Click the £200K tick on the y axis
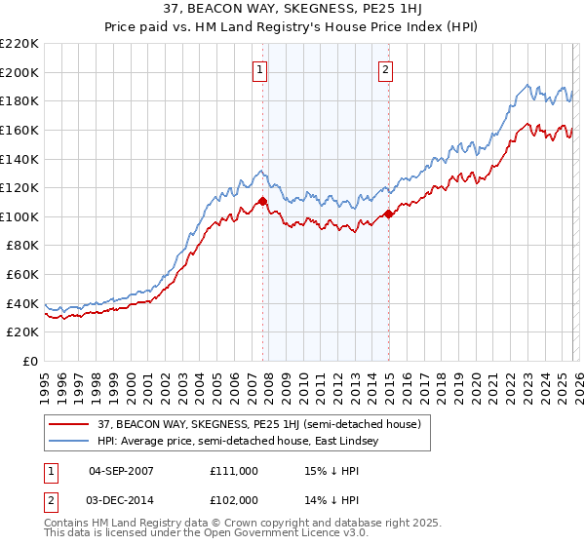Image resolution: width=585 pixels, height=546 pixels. [x=19, y=72]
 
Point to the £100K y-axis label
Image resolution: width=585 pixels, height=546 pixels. [x=19, y=216]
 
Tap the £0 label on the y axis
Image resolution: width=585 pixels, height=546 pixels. [x=30, y=361]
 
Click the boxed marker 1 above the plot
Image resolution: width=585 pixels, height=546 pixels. [x=261, y=69]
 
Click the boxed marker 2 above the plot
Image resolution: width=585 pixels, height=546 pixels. [x=386, y=69]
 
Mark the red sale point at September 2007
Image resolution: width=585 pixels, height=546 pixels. [x=263, y=201]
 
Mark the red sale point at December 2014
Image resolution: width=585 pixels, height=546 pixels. [x=389, y=214]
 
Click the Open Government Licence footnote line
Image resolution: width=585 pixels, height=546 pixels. [x=207, y=535]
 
